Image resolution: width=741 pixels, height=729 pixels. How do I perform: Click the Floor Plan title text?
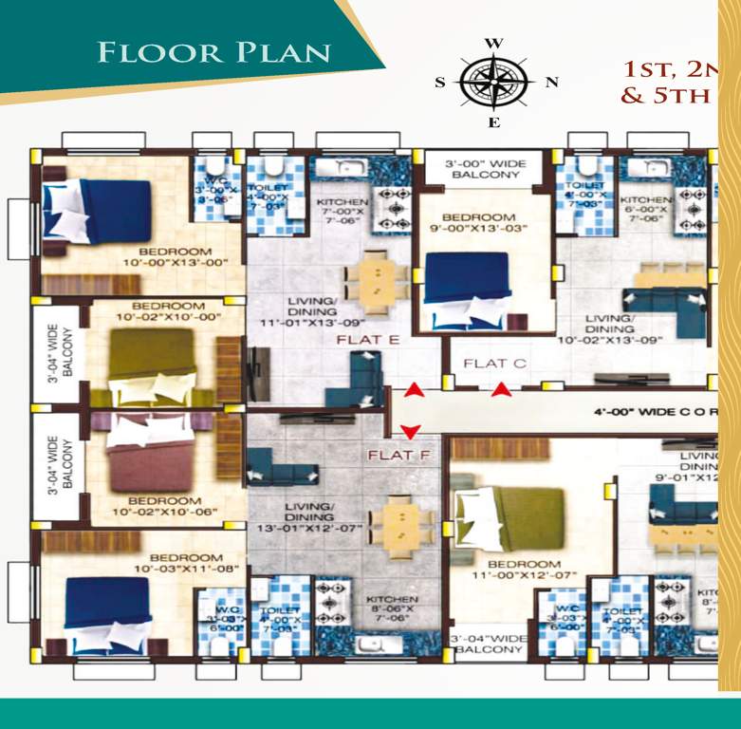click(213, 51)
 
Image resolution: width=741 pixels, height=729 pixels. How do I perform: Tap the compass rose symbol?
click(493, 82)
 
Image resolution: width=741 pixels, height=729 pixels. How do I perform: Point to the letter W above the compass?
click(493, 44)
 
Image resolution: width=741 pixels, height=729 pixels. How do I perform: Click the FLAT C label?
click(495, 364)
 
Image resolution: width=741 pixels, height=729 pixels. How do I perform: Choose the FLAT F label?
click(399, 456)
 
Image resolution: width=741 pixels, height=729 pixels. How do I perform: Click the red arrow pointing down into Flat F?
click(410, 432)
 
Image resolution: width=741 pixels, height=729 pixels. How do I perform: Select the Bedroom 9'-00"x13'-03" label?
click(484, 223)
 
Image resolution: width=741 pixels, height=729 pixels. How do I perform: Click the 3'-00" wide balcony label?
click(485, 168)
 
